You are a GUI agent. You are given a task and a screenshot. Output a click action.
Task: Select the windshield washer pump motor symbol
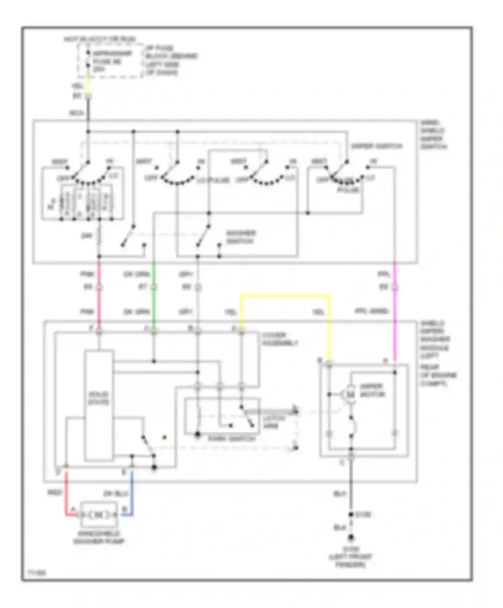(99, 514)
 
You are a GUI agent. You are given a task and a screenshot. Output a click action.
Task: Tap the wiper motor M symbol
(350, 394)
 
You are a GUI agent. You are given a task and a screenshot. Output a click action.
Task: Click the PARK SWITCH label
(231, 439)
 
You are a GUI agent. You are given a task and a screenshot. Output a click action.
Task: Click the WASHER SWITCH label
(241, 237)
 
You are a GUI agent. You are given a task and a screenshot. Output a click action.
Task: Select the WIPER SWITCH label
(376, 146)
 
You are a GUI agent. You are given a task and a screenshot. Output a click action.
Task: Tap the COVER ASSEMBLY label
(280, 339)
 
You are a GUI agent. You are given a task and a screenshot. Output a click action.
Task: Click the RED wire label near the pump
(55, 493)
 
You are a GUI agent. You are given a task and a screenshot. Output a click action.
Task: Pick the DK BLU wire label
(115, 494)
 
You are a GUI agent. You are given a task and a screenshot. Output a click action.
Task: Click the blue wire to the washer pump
(131, 493)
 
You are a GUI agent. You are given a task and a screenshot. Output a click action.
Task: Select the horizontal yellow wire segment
(285, 296)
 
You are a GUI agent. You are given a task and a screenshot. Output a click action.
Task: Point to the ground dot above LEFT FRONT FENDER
(351, 538)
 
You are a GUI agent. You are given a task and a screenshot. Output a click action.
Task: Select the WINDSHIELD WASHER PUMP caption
(99, 537)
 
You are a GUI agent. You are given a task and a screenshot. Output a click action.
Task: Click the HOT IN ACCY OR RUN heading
(100, 40)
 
